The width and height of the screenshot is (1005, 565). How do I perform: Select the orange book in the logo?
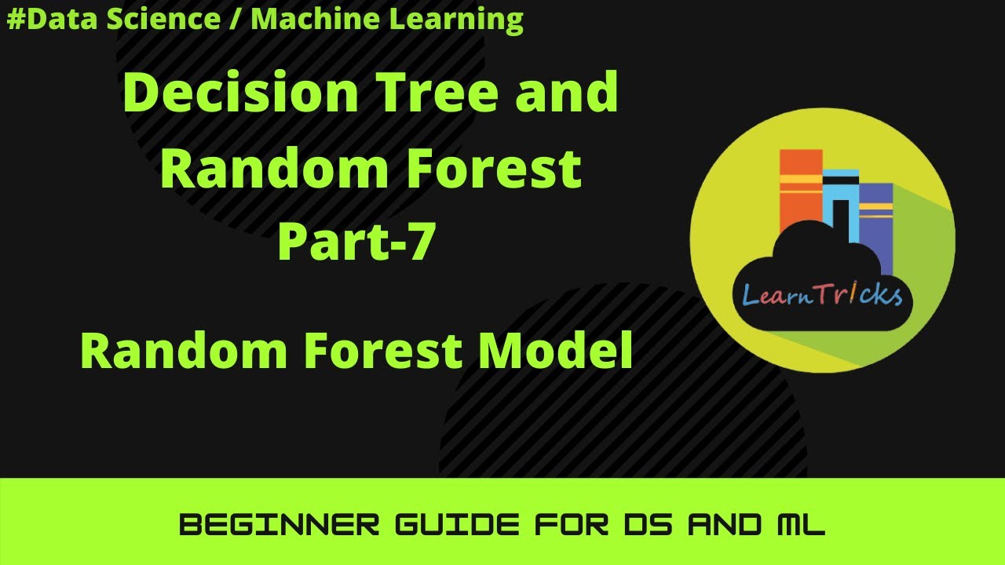[800, 192]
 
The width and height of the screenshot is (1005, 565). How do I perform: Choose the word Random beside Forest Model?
[185, 351]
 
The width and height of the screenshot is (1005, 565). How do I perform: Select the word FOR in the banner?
[566, 524]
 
